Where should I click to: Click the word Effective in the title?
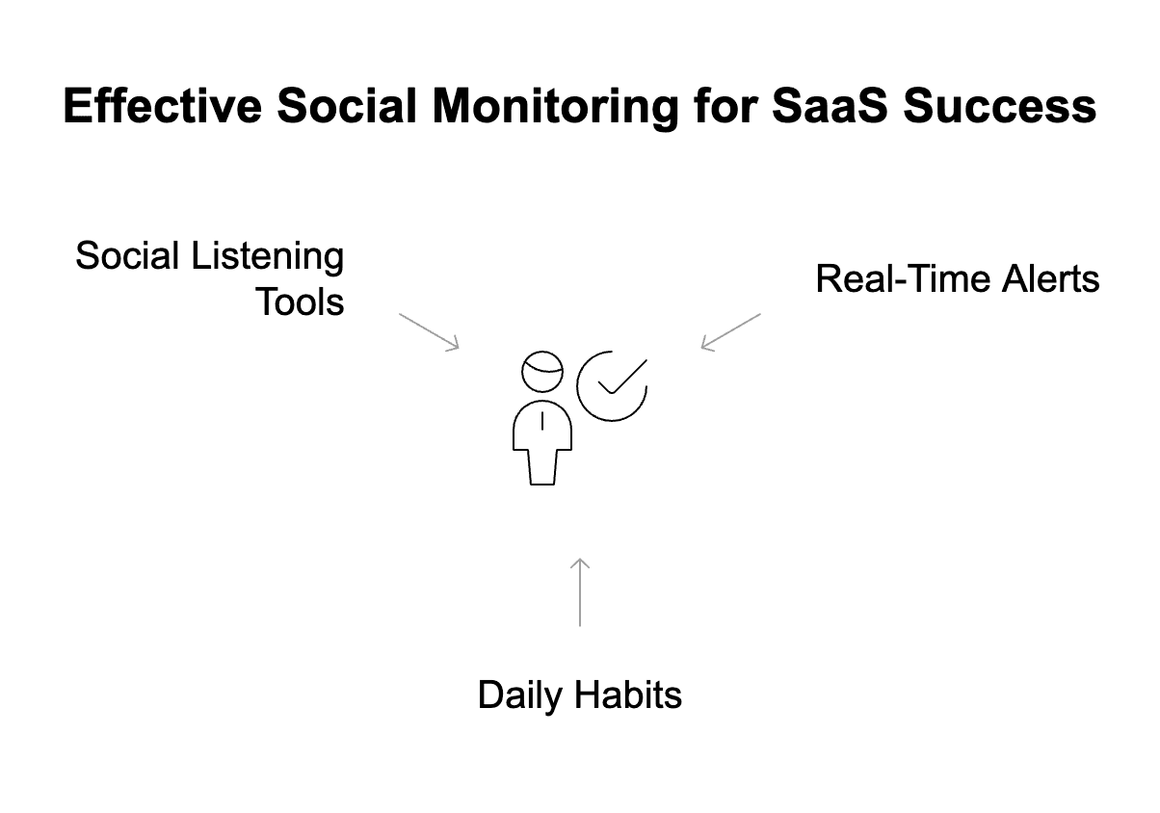click(x=162, y=106)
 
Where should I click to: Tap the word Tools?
click(x=300, y=302)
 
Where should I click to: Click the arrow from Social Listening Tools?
click(x=430, y=331)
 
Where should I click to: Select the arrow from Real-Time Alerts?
click(x=730, y=331)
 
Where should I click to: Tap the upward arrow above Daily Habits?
click(x=579, y=591)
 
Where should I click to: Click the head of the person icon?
click(x=542, y=371)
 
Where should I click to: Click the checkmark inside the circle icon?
click(x=620, y=378)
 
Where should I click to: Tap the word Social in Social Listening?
click(x=127, y=257)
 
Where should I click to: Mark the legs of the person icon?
click(x=542, y=466)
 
